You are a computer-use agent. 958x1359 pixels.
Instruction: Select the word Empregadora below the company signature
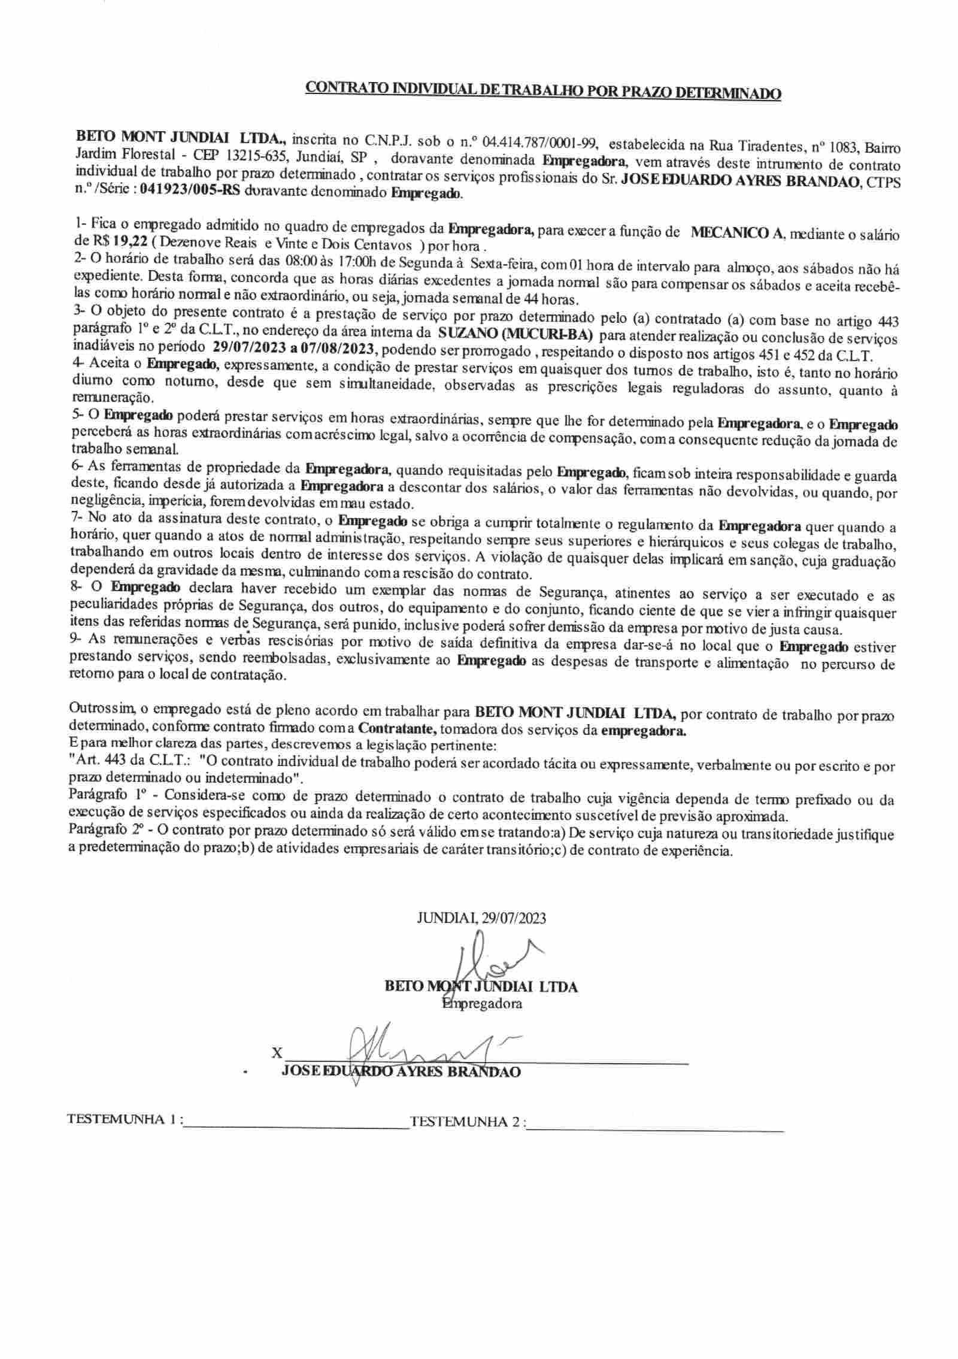[481, 1003]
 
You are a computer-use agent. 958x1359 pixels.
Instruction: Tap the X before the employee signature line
[277, 1052]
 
